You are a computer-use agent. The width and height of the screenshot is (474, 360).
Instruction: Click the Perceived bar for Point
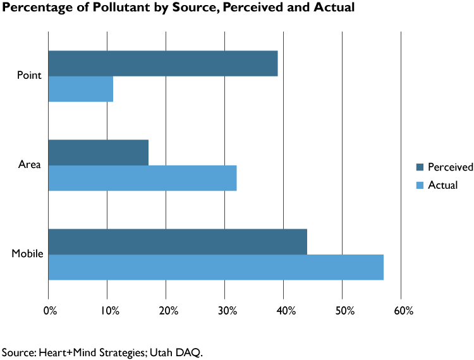163,63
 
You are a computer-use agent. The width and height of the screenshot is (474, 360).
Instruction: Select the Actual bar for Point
81,89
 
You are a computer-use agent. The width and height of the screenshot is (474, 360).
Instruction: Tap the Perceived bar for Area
99,152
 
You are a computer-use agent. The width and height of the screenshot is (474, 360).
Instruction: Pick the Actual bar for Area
142,178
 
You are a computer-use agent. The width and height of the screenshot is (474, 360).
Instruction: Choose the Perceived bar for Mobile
178,242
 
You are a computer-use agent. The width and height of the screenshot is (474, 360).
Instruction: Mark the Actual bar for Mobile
216,267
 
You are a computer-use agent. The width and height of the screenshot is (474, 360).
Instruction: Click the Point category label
30,76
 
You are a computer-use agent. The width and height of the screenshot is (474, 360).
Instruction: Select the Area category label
30,165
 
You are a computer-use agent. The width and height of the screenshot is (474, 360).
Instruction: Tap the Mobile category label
27,254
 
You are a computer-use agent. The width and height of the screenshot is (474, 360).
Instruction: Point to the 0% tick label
50,311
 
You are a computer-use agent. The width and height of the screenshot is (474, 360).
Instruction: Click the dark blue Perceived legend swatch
420,167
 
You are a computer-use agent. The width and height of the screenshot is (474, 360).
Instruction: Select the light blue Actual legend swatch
420,185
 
